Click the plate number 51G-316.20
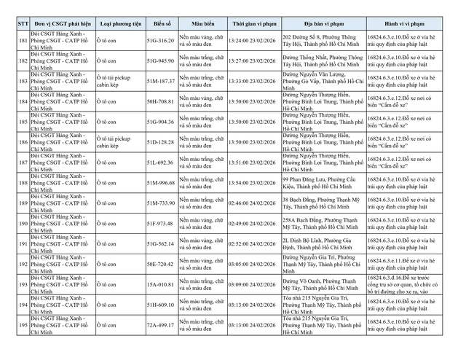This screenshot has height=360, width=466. (160, 41)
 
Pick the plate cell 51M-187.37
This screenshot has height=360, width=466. (160, 81)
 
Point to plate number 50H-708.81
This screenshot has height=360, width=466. (160, 101)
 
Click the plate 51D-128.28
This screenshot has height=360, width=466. (160, 141)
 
